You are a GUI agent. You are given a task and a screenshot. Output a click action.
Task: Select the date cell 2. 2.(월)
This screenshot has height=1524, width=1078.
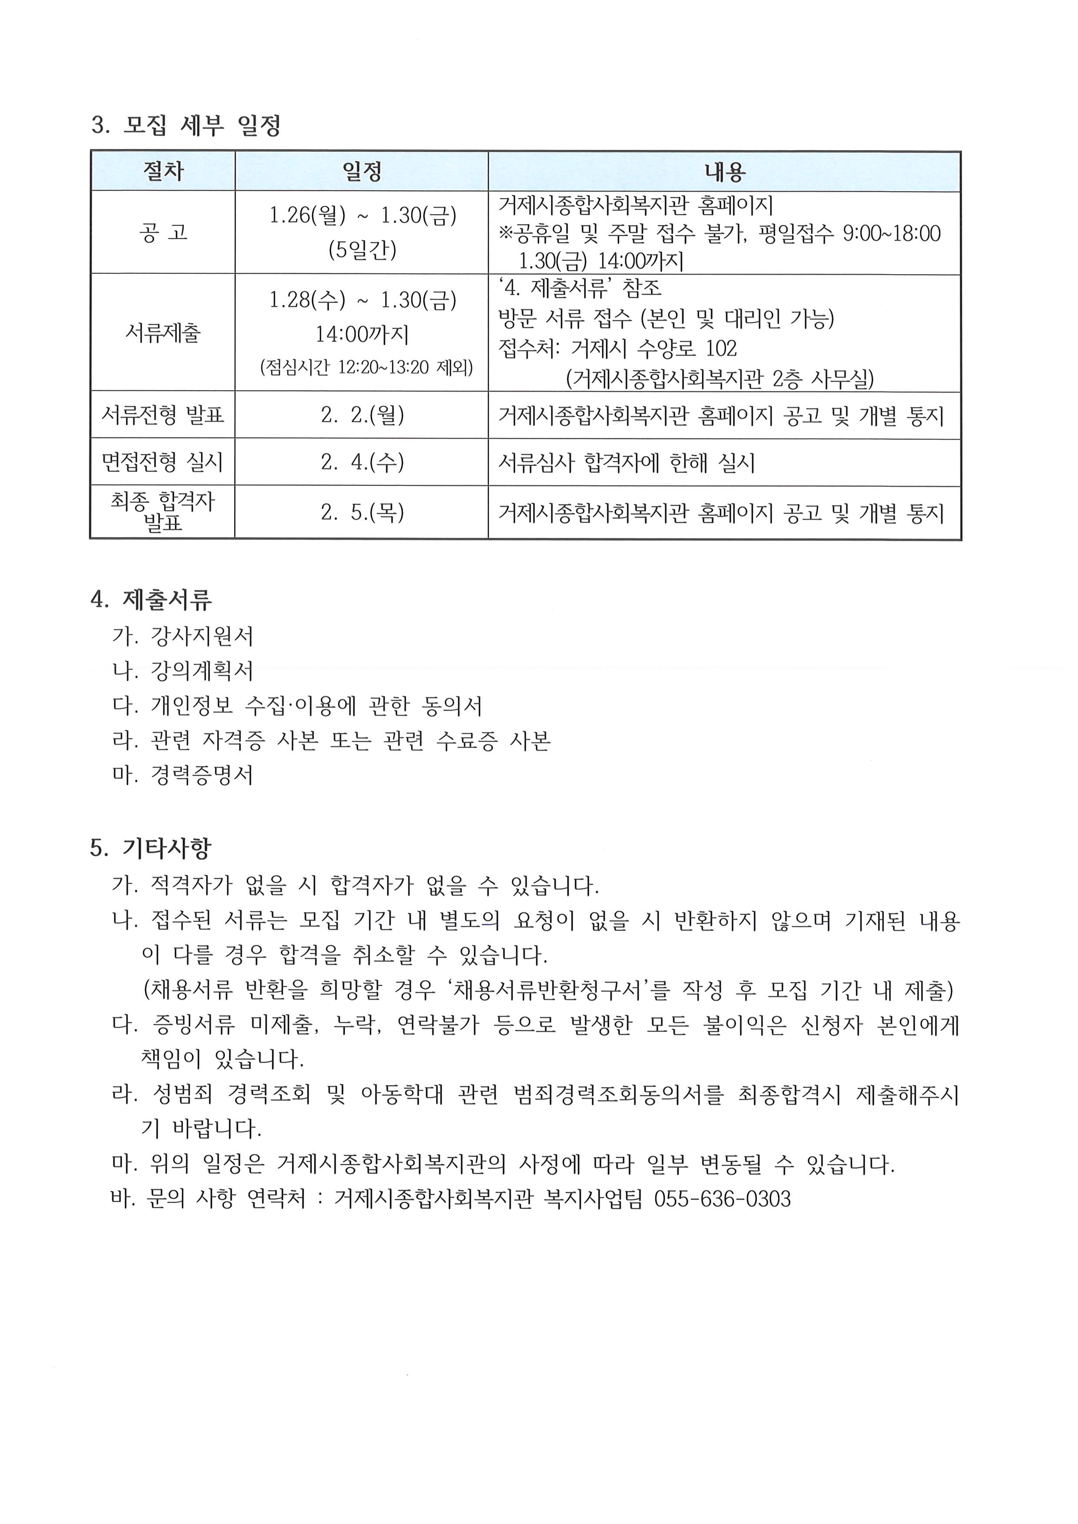[361, 415]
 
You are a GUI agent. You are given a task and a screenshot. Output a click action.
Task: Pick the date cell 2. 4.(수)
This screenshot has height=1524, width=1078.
[361, 462]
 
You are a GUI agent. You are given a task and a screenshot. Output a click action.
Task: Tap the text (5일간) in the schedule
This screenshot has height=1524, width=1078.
[362, 250]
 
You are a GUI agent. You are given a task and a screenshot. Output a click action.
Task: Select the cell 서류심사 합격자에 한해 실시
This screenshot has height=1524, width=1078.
[626, 463]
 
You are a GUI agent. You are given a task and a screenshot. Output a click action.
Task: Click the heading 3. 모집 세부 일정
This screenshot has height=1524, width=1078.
[186, 125]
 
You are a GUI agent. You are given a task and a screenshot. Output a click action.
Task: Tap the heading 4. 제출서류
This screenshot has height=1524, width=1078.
[151, 600]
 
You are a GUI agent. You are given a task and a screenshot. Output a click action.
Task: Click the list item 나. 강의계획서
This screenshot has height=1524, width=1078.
[183, 671]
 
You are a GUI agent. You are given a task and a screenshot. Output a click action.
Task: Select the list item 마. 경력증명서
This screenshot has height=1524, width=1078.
[183, 775]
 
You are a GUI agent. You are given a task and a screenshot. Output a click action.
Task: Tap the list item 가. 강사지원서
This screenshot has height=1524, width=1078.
[183, 636]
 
